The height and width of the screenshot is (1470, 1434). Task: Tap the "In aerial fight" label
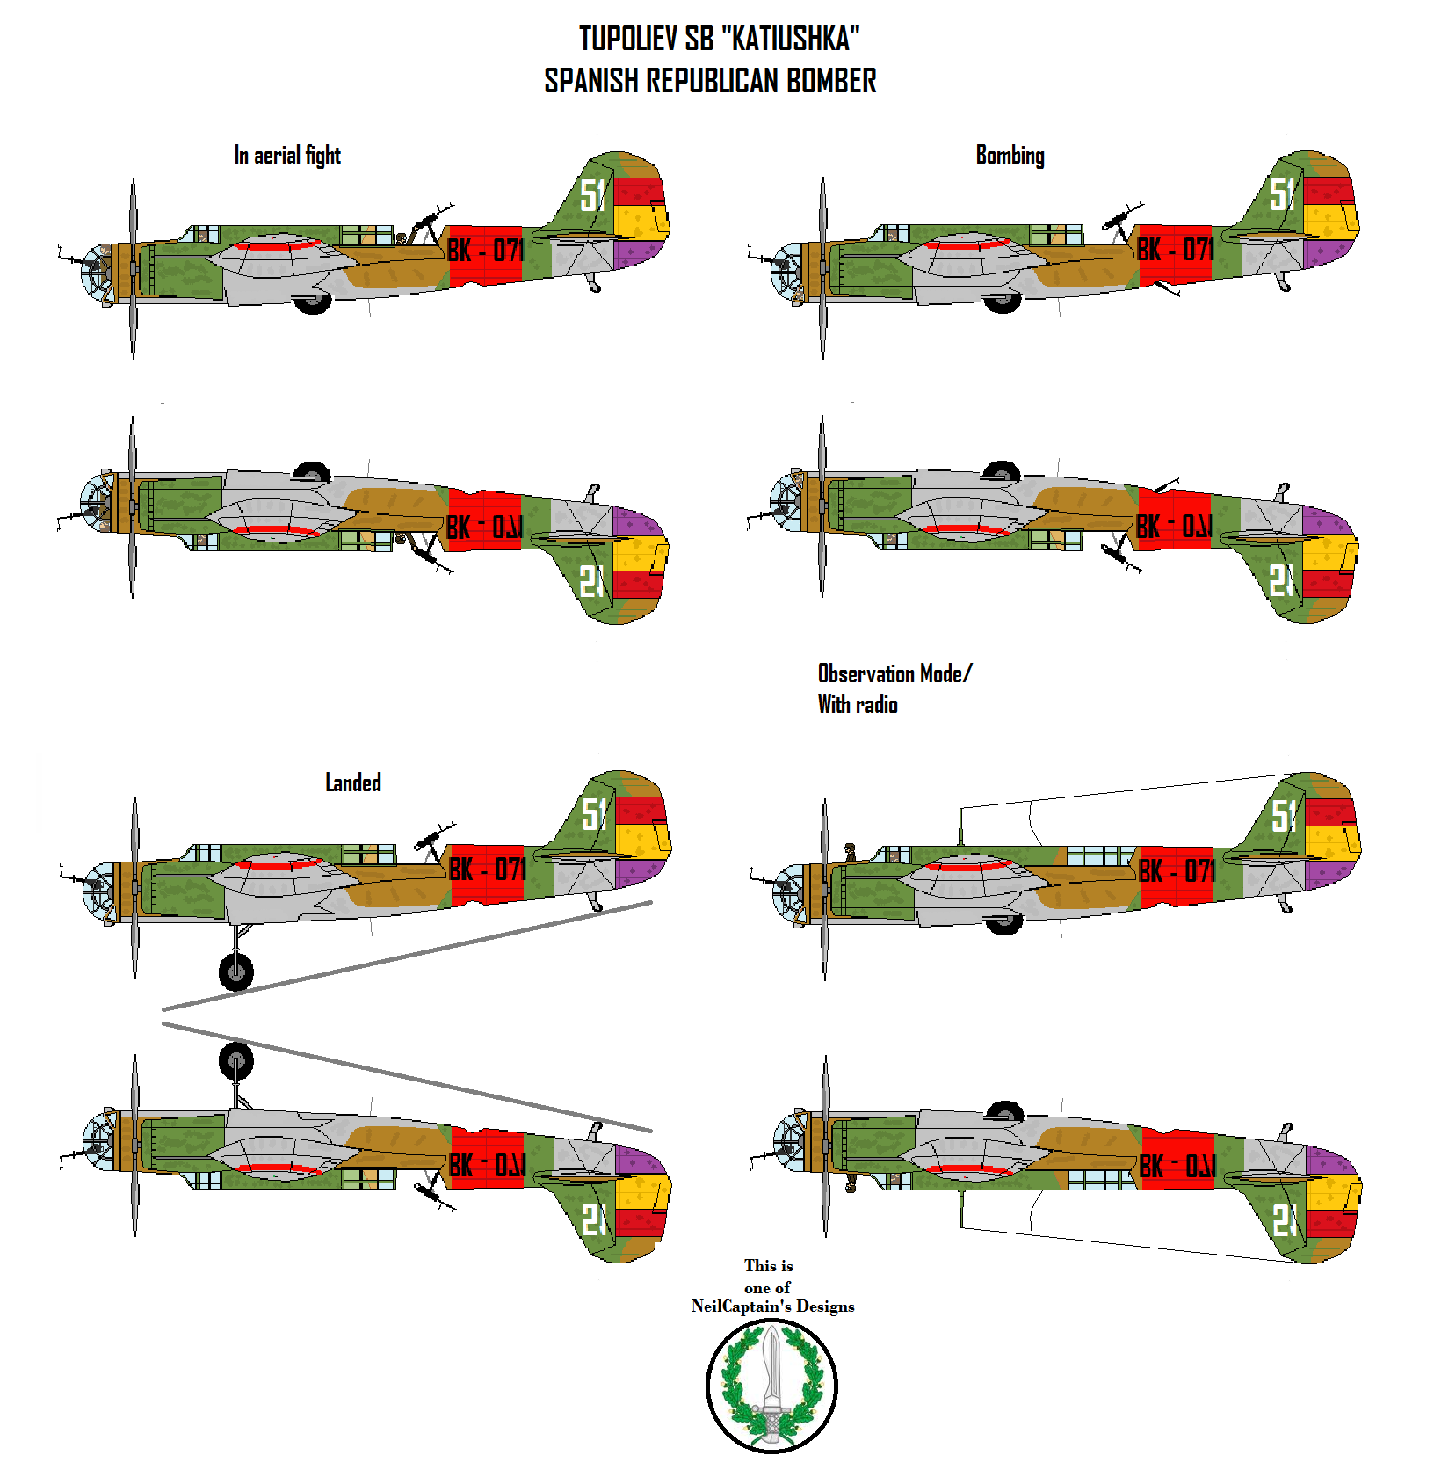[x=286, y=156]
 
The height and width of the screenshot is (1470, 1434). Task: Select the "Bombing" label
[x=1010, y=156]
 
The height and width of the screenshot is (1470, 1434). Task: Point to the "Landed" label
[x=353, y=782]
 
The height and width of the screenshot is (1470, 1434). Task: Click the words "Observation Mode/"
[x=894, y=673]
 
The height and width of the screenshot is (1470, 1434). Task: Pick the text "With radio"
[x=858, y=704]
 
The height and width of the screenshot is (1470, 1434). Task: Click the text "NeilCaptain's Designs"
[x=772, y=1306]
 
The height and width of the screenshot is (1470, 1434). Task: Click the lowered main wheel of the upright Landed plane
[x=235, y=972]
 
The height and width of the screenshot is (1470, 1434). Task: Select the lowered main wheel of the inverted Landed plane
[x=235, y=1061]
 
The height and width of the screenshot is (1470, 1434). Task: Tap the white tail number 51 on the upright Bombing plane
[x=1284, y=194]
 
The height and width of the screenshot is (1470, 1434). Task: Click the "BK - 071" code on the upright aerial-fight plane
[x=485, y=251]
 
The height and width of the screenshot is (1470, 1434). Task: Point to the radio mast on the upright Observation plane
[x=960, y=826]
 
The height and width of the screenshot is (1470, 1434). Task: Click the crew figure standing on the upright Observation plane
[x=851, y=852]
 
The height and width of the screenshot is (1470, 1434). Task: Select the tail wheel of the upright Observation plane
[x=1286, y=906]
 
